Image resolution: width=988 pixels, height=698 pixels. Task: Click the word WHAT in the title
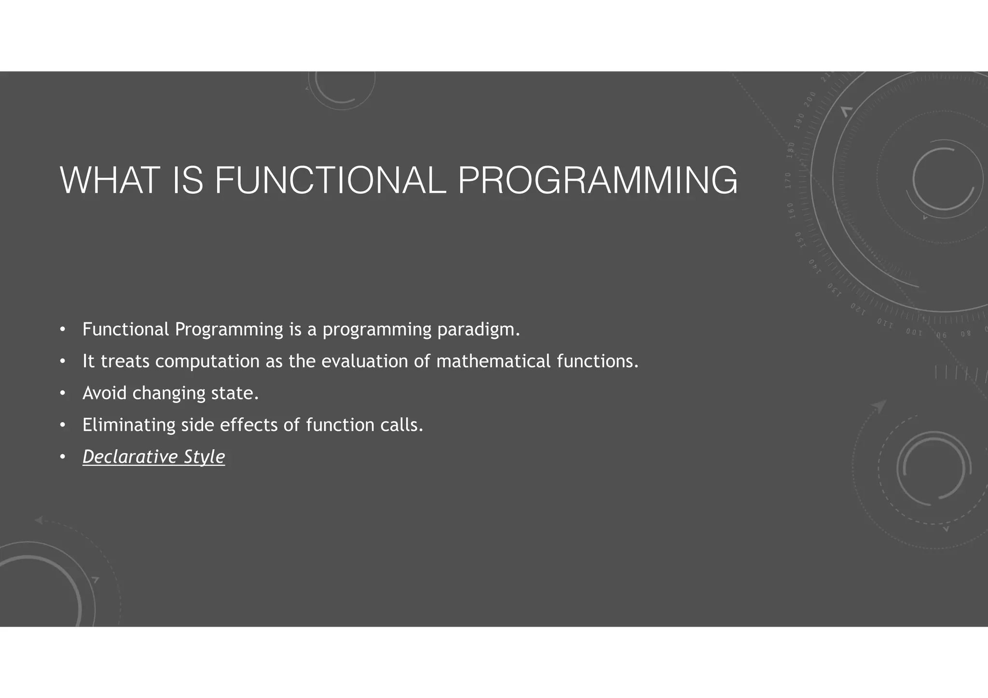[110, 180]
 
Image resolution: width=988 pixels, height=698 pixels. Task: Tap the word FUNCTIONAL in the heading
[330, 180]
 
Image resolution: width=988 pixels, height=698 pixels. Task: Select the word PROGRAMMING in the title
[597, 180]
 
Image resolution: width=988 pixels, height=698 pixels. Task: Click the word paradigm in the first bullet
[478, 330]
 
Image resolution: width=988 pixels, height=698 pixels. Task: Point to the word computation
[207, 362]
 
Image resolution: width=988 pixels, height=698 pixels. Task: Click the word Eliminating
[129, 425]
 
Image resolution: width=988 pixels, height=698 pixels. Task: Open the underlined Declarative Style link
[153, 457]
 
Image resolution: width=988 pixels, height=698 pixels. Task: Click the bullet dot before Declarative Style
[62, 457]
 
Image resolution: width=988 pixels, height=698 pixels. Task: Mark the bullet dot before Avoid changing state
[62, 393]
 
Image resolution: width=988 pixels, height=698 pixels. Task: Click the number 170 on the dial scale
[788, 180]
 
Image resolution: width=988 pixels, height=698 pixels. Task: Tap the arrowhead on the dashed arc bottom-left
[39, 520]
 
